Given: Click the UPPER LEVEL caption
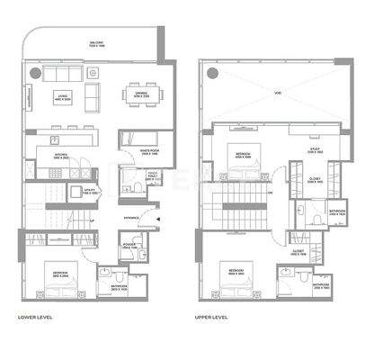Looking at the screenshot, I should point(212,318).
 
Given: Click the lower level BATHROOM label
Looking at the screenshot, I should point(120,288).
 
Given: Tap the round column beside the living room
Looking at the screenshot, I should point(35,71).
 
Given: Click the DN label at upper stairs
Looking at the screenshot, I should point(270,192).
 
